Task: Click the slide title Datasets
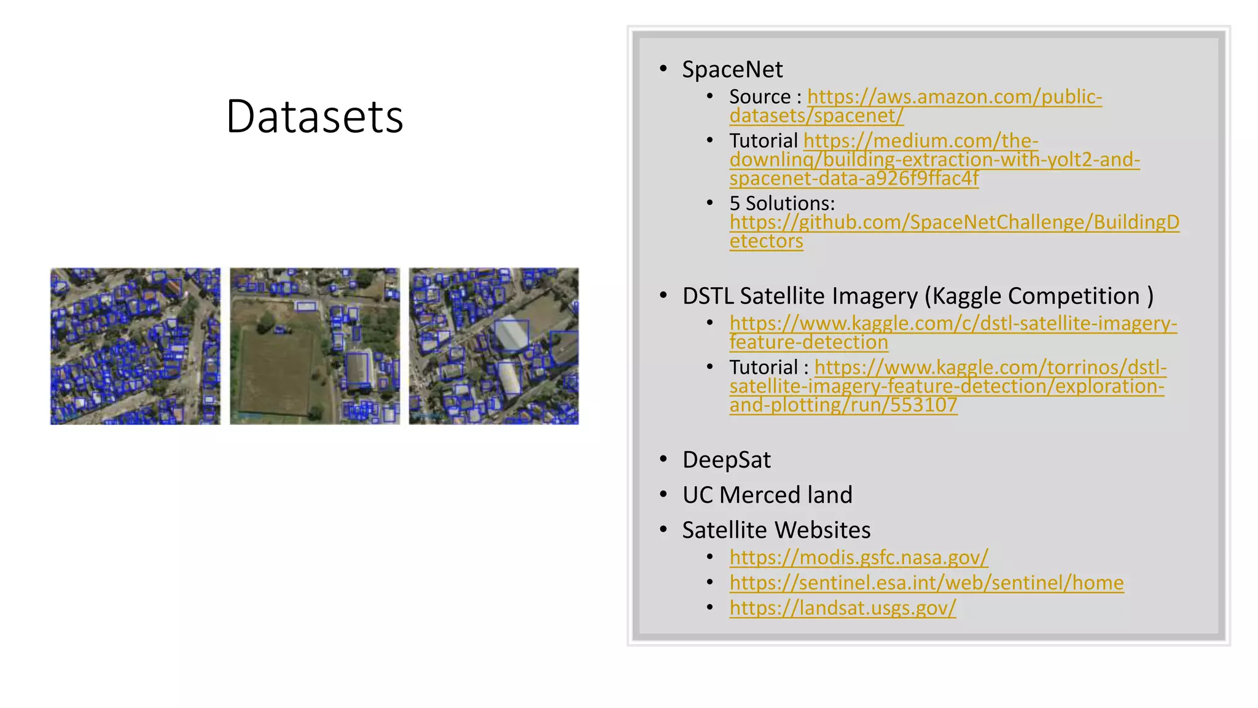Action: click(x=314, y=116)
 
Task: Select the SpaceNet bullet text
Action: click(x=732, y=69)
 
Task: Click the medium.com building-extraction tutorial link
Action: click(x=934, y=160)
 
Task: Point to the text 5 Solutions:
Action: click(x=782, y=203)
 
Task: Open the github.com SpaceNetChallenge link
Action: click(x=954, y=222)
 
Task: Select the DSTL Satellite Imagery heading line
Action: click(x=918, y=296)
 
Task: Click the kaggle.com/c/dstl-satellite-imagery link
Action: click(x=953, y=324)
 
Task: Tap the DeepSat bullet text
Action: click(x=726, y=460)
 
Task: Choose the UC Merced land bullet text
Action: click(x=767, y=495)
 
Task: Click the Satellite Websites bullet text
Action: click(x=776, y=530)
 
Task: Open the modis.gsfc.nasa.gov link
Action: click(x=859, y=557)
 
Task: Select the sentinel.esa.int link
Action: click(x=926, y=583)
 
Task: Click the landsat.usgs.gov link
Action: click(x=843, y=608)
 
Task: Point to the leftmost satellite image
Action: click(x=135, y=346)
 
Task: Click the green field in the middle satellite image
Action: click(x=276, y=369)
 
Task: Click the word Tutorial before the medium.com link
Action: click(x=764, y=141)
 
